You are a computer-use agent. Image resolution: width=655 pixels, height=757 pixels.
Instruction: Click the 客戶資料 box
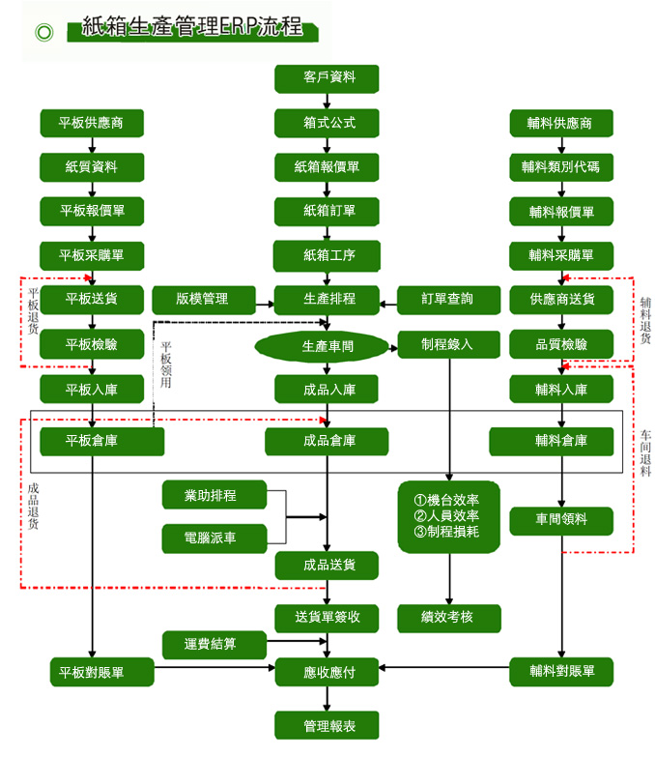[x=327, y=78]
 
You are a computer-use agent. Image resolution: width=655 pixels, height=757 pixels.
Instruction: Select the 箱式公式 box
[x=327, y=123]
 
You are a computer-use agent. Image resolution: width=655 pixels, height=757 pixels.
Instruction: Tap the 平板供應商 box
[x=92, y=123]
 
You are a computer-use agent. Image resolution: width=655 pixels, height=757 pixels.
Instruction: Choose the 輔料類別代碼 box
[x=561, y=166]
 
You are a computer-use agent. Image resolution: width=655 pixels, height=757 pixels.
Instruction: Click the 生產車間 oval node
[x=327, y=345]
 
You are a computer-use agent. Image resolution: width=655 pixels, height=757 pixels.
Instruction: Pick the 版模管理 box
[x=202, y=300]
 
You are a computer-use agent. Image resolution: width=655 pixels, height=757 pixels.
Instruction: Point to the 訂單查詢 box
[x=448, y=300]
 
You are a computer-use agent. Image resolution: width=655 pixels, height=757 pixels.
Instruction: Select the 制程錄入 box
[x=448, y=345]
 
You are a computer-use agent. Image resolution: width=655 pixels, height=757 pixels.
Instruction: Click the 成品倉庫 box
[x=327, y=441]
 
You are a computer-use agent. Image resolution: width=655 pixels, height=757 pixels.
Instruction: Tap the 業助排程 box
[x=213, y=496]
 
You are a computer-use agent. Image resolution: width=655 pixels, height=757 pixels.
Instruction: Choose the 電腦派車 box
[x=213, y=539]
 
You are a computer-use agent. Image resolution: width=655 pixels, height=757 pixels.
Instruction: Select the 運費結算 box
[x=213, y=643]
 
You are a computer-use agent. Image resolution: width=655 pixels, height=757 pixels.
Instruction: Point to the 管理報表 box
[x=327, y=724]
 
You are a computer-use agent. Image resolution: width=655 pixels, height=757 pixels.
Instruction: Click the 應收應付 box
[x=327, y=670]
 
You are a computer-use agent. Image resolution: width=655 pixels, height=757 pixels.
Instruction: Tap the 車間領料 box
[x=561, y=520]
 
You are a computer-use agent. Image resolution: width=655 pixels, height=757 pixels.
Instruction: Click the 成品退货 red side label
[x=34, y=505]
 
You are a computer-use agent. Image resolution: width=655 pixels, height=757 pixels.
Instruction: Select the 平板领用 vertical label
[x=165, y=364]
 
